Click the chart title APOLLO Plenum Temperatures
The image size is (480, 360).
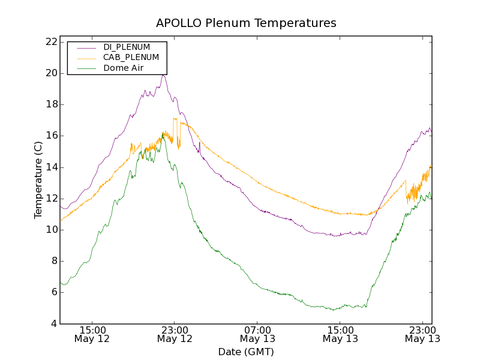click(246, 23)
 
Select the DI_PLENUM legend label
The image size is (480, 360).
click(127, 47)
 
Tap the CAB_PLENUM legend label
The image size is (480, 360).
click(131, 58)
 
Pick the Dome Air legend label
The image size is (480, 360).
click(123, 68)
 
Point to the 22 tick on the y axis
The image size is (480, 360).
click(50, 42)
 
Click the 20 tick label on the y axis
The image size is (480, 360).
click(50, 73)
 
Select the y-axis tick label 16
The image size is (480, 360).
click(50, 136)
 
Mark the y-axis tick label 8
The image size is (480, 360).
click(53, 261)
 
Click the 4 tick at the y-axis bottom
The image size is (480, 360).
click(53, 324)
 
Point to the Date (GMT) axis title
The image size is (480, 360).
click(246, 352)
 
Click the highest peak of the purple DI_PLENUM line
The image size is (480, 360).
click(163, 75)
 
